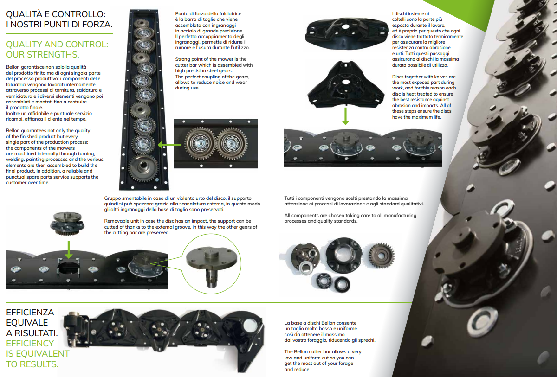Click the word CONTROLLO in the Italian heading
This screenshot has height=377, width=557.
pos(75,14)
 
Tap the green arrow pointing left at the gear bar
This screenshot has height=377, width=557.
pos(169,145)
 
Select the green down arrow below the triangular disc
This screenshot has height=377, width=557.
pos(345,116)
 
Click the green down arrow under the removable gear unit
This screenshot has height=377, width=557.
pos(69,249)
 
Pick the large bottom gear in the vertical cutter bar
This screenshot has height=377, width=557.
pos(143,168)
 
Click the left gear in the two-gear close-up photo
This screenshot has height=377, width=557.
pos(200,143)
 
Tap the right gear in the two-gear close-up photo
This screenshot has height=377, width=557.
pos(232,144)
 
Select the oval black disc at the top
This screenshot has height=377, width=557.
pos(347,33)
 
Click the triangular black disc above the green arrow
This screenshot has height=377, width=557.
pos(346,84)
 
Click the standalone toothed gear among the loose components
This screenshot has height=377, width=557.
pos(381,256)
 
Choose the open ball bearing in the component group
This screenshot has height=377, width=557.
pos(323,281)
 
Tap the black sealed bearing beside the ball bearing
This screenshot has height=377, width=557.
pos(342,285)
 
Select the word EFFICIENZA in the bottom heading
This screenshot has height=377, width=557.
pos(30,312)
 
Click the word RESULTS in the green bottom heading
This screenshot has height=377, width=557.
pos(39,364)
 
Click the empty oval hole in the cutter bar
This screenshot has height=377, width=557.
pos(68,268)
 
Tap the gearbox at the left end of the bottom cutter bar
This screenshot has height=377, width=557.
pos(75,329)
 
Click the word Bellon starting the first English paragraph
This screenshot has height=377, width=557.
pos(13,131)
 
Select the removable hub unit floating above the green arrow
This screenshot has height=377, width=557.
pos(67,224)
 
